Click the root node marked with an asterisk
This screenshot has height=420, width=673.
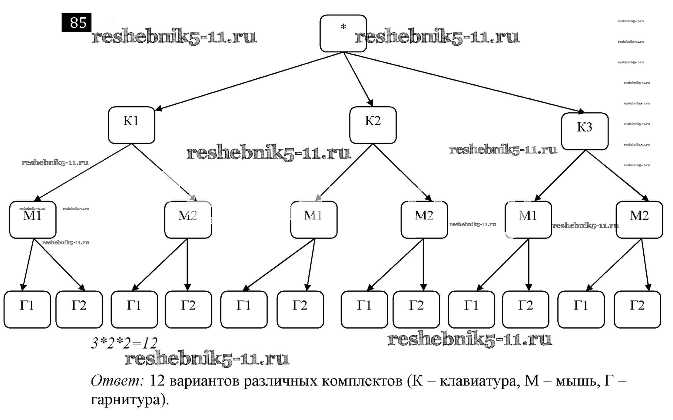(x=343, y=33)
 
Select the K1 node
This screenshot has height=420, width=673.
(x=131, y=125)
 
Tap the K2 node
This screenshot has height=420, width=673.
(x=373, y=125)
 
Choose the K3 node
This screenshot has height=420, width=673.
(x=585, y=131)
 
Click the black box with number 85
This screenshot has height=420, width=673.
(x=76, y=22)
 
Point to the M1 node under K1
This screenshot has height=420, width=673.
(x=33, y=220)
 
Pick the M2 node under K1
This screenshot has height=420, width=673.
(x=188, y=220)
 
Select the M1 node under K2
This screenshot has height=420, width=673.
(x=314, y=220)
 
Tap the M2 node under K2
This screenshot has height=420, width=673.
(x=424, y=220)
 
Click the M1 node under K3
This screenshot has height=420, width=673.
(x=528, y=220)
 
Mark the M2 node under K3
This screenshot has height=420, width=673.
(x=639, y=220)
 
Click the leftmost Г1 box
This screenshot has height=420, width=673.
(x=27, y=309)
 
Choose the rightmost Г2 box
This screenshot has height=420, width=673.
(x=637, y=309)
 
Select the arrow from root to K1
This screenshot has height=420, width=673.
(x=248, y=81)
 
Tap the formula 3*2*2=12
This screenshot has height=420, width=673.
(x=124, y=343)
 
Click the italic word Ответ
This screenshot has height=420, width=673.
(x=117, y=381)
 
